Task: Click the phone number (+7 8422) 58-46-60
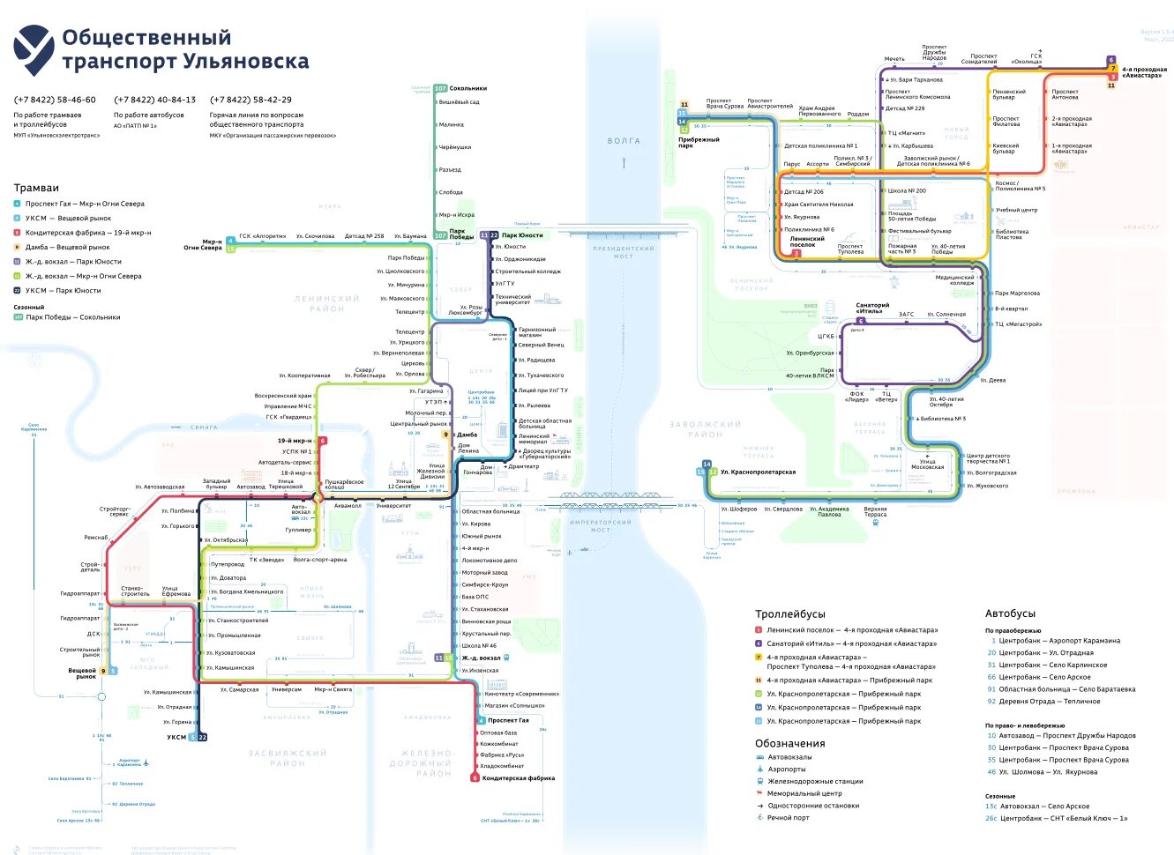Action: click(x=55, y=100)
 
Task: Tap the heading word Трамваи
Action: click(x=36, y=188)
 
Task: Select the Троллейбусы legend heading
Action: click(x=789, y=613)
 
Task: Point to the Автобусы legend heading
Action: click(x=1010, y=613)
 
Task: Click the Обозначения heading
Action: click(x=789, y=743)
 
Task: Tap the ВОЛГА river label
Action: click(x=624, y=141)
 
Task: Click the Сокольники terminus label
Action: click(x=468, y=88)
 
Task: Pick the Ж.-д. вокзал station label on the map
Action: click(x=481, y=658)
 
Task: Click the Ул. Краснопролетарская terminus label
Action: click(x=758, y=472)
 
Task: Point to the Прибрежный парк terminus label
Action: click(x=699, y=143)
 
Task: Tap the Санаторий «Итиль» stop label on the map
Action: click(x=872, y=308)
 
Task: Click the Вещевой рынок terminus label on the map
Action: click(x=83, y=673)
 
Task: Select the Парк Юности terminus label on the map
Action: click(x=522, y=235)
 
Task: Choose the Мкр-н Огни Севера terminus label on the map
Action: click(x=203, y=244)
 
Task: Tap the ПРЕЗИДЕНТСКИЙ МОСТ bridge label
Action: click(x=624, y=252)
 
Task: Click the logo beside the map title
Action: click(x=34, y=49)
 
